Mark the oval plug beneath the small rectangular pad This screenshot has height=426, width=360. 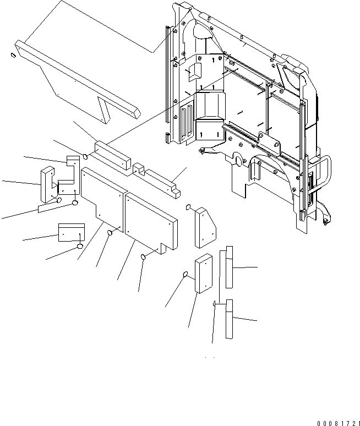(x=80, y=246)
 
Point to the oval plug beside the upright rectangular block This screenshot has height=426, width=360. (x=186, y=275)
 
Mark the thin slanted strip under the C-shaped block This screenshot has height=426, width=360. (x=50, y=206)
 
